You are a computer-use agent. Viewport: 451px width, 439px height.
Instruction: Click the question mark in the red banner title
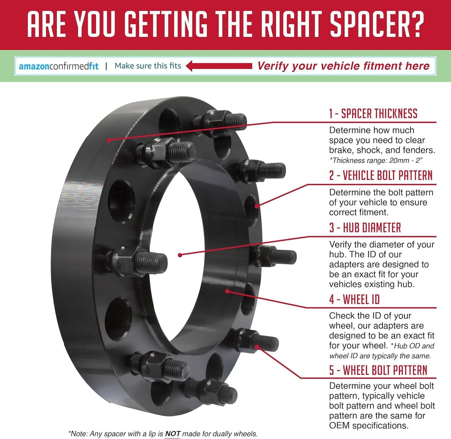[415, 24]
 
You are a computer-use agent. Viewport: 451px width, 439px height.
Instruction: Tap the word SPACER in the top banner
[367, 24]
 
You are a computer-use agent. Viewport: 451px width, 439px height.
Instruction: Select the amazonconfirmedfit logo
[59, 66]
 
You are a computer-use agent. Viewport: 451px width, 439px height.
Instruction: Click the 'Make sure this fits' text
[148, 66]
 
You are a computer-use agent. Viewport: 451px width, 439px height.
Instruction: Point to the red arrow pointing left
[219, 66]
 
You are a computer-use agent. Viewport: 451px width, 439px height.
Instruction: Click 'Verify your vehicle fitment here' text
[344, 66]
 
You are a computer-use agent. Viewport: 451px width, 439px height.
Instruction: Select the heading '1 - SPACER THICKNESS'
[373, 114]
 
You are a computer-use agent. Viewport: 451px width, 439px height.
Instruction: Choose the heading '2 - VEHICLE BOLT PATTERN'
[381, 175]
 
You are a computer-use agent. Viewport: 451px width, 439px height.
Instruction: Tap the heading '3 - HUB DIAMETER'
[365, 228]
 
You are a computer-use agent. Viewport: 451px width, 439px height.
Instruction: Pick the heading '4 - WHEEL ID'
[355, 299]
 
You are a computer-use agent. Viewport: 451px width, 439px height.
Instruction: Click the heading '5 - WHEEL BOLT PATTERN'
[378, 370]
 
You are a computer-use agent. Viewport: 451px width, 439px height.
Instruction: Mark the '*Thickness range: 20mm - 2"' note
[376, 160]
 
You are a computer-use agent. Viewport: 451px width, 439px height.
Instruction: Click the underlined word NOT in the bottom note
[173, 434]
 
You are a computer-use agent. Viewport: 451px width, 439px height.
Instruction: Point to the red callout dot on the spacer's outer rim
[108, 140]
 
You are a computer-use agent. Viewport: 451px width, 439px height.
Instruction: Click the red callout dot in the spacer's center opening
[180, 255]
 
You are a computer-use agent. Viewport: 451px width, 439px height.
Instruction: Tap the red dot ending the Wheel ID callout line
[227, 291]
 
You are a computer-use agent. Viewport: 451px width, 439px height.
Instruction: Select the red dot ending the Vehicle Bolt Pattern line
[257, 206]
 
